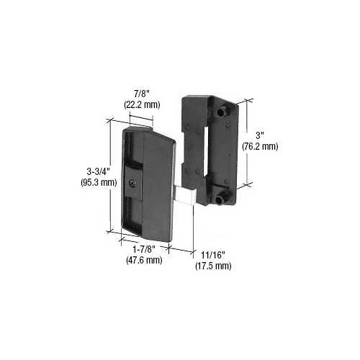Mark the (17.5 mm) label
pyautogui.click(x=213, y=266)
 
